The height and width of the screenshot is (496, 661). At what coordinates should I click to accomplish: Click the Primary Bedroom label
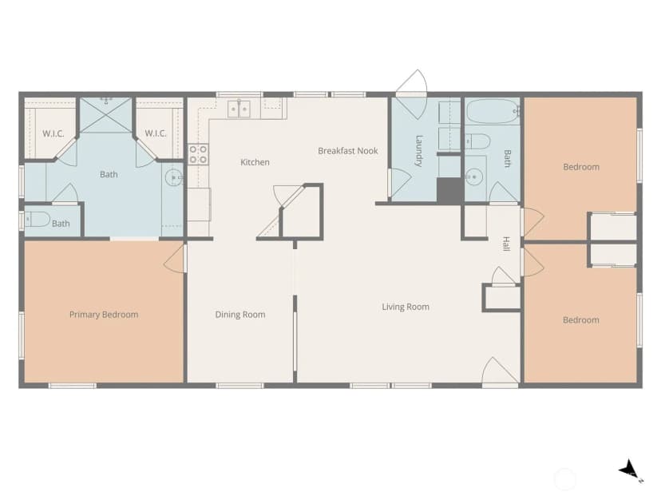click(104, 315)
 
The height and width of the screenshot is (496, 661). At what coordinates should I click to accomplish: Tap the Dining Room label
click(240, 315)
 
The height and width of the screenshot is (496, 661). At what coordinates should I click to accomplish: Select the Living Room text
click(406, 307)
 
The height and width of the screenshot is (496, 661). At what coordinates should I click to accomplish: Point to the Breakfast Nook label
click(348, 151)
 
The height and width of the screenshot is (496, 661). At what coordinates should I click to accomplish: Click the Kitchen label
click(255, 162)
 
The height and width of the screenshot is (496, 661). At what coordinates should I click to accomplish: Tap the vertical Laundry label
click(418, 151)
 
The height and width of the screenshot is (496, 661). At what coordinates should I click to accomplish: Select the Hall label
click(506, 244)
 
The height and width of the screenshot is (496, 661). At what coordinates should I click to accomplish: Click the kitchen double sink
click(239, 109)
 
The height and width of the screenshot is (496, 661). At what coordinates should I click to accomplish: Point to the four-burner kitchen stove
click(198, 154)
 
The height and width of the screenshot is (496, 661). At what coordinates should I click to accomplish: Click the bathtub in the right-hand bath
click(493, 111)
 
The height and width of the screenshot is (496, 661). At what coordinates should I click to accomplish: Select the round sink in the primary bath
click(173, 178)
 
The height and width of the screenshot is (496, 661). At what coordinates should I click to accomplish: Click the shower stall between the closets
click(106, 115)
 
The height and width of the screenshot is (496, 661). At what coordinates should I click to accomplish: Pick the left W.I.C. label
click(53, 134)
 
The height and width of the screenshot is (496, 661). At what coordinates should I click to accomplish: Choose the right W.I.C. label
click(156, 133)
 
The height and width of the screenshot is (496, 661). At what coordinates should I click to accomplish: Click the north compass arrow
click(629, 470)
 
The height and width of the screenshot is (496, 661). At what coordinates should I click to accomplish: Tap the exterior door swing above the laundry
click(412, 81)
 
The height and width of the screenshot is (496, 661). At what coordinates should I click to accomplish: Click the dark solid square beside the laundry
click(449, 191)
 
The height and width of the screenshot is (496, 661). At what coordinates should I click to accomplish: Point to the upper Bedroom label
click(581, 167)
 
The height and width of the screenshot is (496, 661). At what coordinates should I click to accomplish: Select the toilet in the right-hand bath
click(478, 141)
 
